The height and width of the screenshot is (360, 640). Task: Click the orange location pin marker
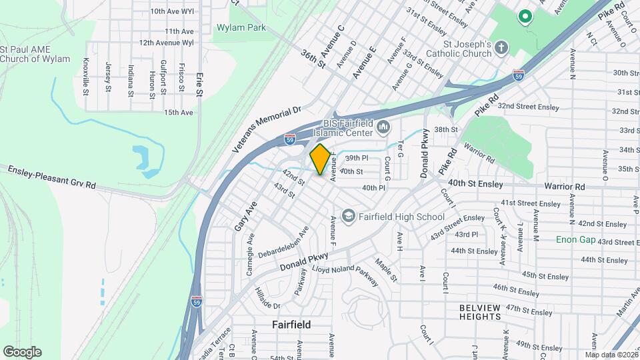320,159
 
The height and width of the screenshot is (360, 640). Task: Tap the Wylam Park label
241,28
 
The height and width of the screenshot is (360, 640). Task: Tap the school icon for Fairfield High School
348,216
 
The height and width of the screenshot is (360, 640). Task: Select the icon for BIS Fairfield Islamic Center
383,127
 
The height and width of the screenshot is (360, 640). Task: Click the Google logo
22,352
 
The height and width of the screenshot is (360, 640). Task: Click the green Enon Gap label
575,239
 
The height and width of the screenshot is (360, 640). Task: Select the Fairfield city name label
291,325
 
